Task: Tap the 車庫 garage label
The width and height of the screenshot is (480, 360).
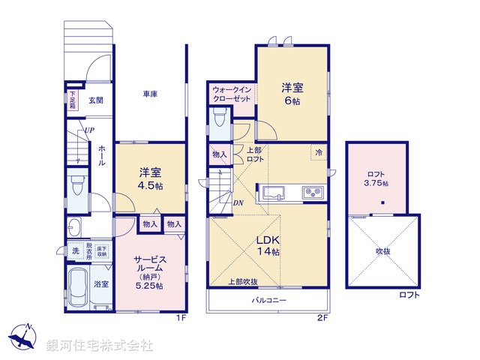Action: pyautogui.click(x=150, y=94)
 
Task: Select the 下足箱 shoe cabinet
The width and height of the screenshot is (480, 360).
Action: pyautogui.click(x=72, y=100)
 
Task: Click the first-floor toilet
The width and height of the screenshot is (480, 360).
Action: pyautogui.click(x=76, y=186)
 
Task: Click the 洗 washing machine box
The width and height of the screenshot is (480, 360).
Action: pyautogui.click(x=76, y=253)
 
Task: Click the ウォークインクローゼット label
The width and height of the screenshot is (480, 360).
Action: pyautogui.click(x=232, y=94)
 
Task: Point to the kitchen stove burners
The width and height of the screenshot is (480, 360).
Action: pyautogui.click(x=312, y=193)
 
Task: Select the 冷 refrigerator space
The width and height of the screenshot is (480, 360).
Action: pyautogui.click(x=319, y=152)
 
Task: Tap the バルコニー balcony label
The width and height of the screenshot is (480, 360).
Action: pyautogui.click(x=268, y=300)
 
